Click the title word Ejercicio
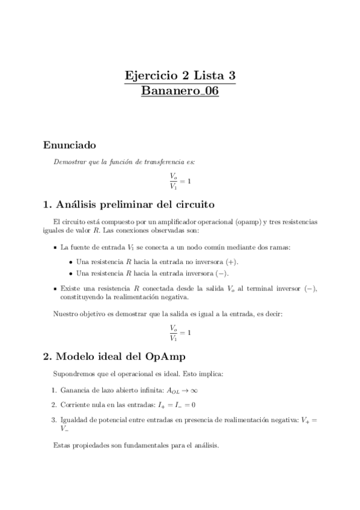click(149, 76)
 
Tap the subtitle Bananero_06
click(180, 91)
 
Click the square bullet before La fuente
click(55, 247)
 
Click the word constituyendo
click(82, 297)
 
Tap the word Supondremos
click(75, 373)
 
